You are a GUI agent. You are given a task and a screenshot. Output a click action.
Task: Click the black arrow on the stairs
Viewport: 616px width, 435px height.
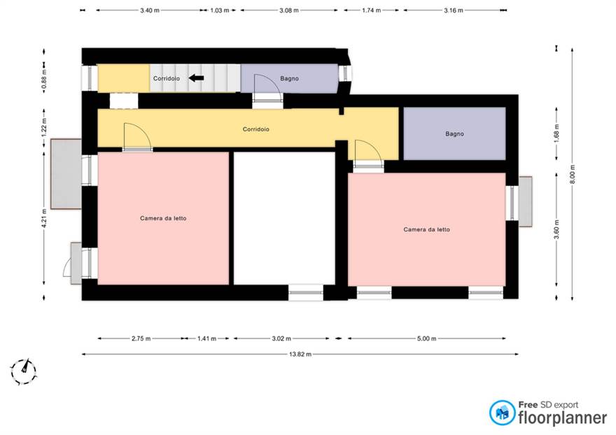point(197,78)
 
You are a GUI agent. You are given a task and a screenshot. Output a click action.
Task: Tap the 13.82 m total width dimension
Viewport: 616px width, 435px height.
point(300,354)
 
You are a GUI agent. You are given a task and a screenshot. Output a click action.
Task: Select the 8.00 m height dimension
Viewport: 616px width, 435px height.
point(572,174)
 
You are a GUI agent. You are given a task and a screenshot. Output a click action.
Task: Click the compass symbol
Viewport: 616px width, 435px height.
point(24,371)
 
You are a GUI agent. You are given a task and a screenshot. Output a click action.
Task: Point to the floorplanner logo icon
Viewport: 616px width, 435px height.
point(502,413)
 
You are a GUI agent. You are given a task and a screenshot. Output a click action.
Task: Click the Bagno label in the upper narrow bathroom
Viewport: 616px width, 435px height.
point(290,78)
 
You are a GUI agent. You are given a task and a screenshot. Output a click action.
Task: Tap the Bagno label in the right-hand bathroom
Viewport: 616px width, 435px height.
point(454,134)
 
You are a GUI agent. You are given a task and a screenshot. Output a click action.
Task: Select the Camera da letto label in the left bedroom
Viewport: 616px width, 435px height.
point(163,218)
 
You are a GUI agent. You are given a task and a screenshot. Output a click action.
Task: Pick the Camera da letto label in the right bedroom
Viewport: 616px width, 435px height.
point(426,229)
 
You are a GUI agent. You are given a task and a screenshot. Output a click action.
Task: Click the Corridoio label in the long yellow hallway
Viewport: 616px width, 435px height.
point(255,129)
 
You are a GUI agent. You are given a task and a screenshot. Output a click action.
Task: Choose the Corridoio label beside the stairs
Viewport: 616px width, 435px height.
point(167,78)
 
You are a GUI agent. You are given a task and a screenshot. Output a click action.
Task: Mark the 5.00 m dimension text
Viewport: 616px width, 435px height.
point(426,338)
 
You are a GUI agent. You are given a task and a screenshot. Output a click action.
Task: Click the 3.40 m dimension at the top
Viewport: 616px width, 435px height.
point(150,10)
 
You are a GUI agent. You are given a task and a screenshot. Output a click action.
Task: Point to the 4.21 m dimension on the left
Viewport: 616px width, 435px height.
point(44,218)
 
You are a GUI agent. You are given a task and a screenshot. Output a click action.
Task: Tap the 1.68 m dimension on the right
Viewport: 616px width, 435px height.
point(556,134)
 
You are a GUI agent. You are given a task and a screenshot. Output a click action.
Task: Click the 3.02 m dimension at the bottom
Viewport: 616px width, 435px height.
point(281,338)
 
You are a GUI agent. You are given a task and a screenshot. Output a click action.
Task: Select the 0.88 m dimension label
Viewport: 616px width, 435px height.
point(44,78)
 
